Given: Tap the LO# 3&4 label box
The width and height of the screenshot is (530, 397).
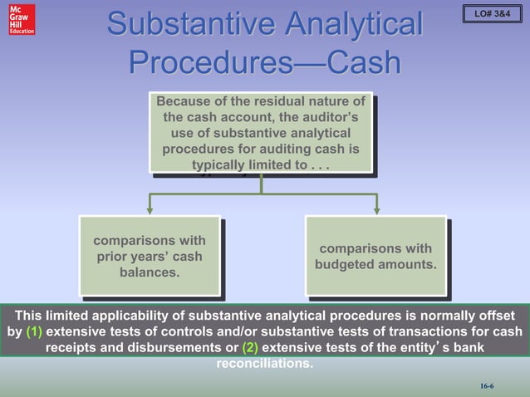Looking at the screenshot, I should point(492,15).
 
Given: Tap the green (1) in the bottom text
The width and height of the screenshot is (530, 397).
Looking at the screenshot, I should point(34,331).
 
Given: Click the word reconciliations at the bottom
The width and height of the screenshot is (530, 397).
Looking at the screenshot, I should point(264,364).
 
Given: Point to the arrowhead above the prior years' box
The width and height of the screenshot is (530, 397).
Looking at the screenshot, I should point(150,208).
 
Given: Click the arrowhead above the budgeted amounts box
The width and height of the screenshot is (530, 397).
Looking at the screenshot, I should point(377,208).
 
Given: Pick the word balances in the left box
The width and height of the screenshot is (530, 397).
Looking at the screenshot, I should point(150,272).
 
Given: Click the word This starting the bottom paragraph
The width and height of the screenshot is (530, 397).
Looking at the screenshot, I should point(32,316).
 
